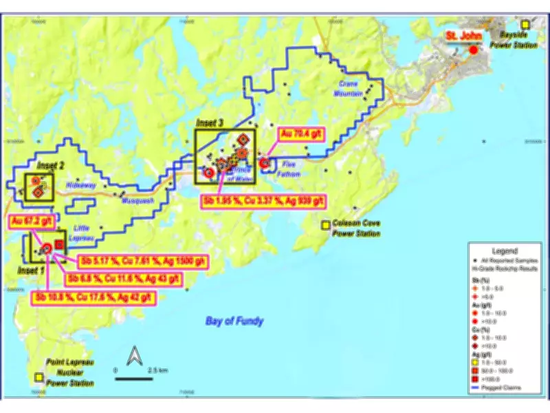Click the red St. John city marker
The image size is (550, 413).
(x=473, y=50)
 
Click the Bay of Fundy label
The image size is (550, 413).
(x=234, y=321)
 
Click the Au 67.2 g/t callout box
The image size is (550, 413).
(x=30, y=221)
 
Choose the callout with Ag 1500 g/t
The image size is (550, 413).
(x=142, y=262)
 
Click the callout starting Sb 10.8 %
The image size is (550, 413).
(x=93, y=298)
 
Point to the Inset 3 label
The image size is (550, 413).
(x=210, y=122)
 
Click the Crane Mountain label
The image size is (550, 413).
(x=351, y=88)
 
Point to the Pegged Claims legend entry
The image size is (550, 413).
(x=506, y=388)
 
